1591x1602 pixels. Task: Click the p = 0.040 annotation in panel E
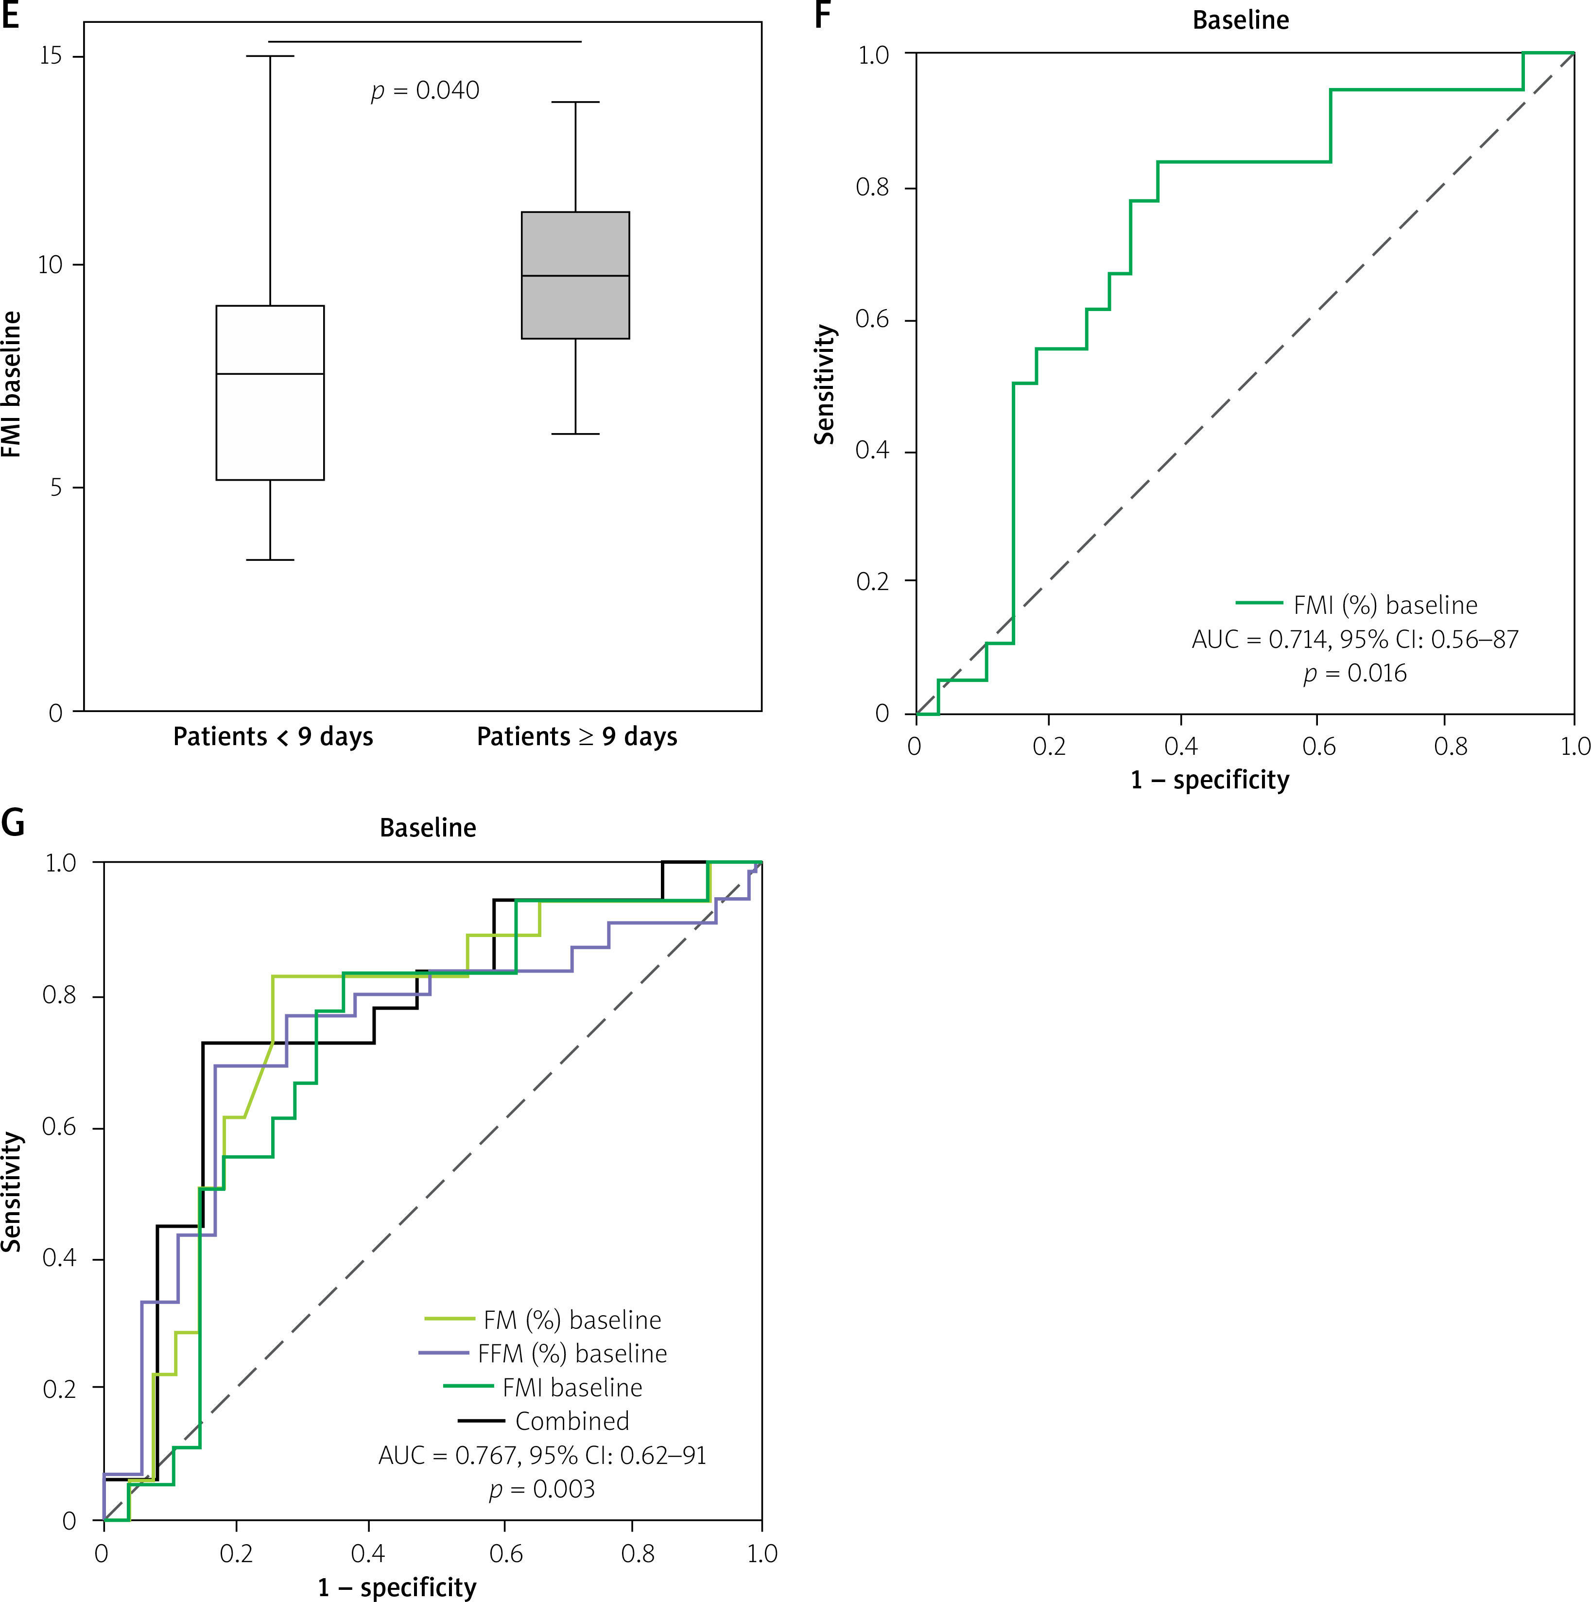425,90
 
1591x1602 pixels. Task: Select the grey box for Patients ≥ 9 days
574,275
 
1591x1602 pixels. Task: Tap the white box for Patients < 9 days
269,392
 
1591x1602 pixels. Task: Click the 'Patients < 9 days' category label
273,736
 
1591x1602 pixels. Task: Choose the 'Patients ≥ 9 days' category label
576,736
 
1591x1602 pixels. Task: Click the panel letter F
822,15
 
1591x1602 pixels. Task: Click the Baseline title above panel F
1240,20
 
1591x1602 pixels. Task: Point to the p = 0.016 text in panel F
1355,673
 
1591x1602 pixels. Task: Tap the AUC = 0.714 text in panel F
1355,639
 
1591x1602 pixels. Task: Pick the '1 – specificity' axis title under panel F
1210,780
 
